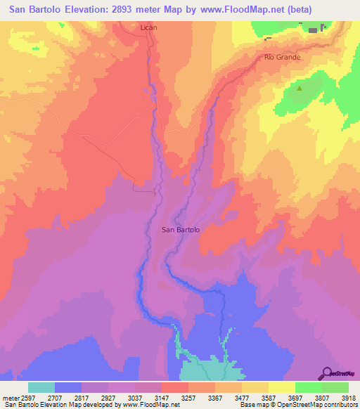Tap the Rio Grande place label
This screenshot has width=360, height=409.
(x=282, y=57)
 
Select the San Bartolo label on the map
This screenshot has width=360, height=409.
(x=181, y=229)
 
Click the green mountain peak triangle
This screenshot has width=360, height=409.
(x=300, y=89)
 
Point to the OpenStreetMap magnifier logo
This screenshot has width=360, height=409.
(x=327, y=373)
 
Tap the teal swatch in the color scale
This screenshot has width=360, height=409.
(x=41, y=387)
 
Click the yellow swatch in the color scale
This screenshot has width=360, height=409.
(x=281, y=387)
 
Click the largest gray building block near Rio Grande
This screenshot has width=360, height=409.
(x=312, y=30)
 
